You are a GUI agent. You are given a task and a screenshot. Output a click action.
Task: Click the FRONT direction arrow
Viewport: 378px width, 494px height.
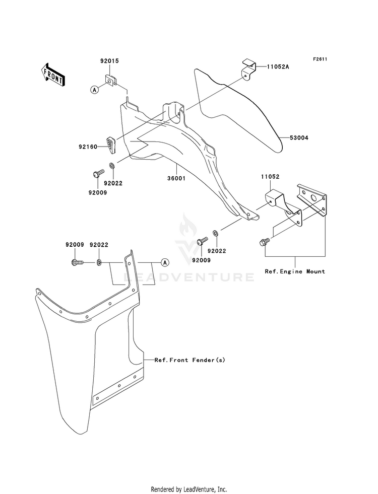pyautogui.click(x=52, y=75)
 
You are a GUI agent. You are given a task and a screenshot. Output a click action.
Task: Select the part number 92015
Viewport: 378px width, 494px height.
pyautogui.click(x=109, y=61)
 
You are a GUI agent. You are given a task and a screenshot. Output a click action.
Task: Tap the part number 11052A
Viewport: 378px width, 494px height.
pyautogui.click(x=278, y=66)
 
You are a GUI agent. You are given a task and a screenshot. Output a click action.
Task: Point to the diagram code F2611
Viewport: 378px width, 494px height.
pyautogui.click(x=320, y=59)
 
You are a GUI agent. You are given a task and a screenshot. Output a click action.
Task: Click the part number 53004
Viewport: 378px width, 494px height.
pyautogui.click(x=299, y=137)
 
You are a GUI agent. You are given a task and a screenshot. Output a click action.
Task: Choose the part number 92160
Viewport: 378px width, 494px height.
pyautogui.click(x=88, y=147)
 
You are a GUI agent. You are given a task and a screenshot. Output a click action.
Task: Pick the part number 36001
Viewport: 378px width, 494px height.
pyautogui.click(x=176, y=178)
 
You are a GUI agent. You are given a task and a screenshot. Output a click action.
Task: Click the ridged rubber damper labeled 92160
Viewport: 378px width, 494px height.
pyautogui.click(x=111, y=145)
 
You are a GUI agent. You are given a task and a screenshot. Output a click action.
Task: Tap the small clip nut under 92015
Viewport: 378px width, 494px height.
pyautogui.click(x=111, y=81)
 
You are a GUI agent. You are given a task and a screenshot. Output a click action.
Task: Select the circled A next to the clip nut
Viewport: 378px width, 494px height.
pyautogui.click(x=94, y=90)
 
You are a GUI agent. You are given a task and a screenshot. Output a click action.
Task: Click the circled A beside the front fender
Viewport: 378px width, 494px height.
pyautogui.click(x=164, y=262)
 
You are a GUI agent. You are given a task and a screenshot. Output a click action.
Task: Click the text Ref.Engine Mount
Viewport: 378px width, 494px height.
pyautogui.click(x=295, y=271)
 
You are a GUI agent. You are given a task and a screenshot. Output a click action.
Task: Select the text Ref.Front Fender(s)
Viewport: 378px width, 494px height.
pyautogui.click(x=190, y=360)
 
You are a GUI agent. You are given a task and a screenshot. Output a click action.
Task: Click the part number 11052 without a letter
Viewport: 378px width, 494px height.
pyautogui.click(x=270, y=177)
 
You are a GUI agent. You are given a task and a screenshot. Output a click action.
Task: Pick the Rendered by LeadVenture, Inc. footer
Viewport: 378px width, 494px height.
pyautogui.click(x=189, y=489)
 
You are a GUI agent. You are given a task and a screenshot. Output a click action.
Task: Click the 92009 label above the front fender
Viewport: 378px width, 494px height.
pyautogui.click(x=75, y=244)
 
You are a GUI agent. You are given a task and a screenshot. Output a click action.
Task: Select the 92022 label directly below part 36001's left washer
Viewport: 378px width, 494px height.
pyautogui.click(x=113, y=183)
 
